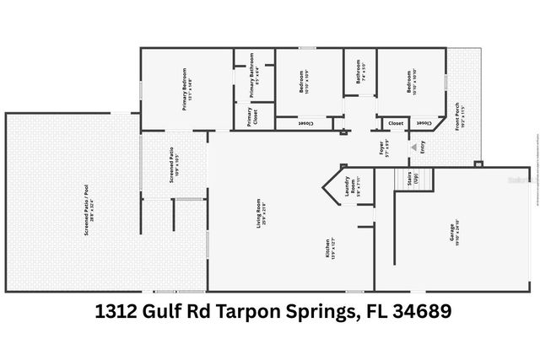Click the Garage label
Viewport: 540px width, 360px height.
click(x=454, y=234)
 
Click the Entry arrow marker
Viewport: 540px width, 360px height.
click(x=413, y=148)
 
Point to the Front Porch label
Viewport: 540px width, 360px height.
click(x=461, y=115)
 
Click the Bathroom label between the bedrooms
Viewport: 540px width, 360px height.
click(x=360, y=71)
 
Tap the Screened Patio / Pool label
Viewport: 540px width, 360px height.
click(x=87, y=210)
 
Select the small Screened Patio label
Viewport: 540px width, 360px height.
click(x=172, y=160)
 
